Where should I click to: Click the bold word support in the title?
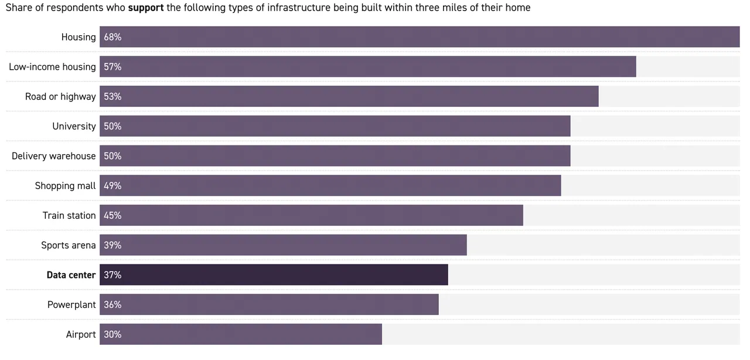tap(146, 8)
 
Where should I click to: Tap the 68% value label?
tap(112, 37)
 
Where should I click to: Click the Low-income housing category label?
tap(52, 67)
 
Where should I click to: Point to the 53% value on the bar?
tap(112, 97)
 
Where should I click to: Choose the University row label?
tap(74, 126)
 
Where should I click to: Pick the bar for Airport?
tap(241, 334)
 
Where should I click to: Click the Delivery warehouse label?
tap(53, 156)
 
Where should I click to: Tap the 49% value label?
tap(112, 186)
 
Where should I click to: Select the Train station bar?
tap(311, 215)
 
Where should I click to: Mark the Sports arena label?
tap(68, 245)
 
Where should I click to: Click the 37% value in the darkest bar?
tap(112, 275)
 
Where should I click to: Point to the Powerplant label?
tap(71, 305)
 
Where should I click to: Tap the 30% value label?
tap(112, 334)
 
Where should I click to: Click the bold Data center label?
tap(71, 275)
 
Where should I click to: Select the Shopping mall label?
tap(65, 186)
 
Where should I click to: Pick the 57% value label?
tap(112, 67)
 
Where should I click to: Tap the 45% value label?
tap(112, 215)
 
